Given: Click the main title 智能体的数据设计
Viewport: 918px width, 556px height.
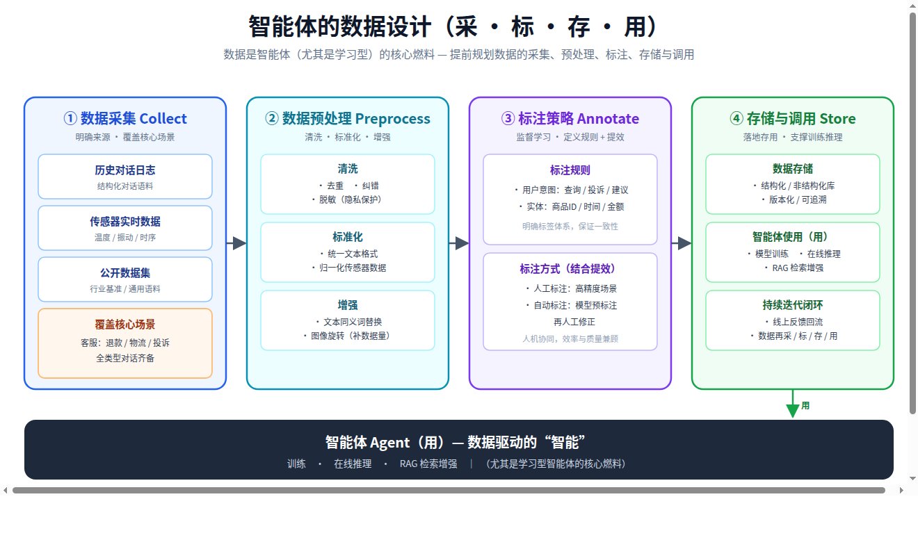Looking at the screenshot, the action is tap(340, 26).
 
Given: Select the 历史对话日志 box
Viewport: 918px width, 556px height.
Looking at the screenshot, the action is tap(125, 177).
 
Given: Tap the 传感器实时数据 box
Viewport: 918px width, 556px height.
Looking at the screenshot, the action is tap(125, 228).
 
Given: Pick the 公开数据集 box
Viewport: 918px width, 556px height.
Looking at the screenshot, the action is tap(125, 279).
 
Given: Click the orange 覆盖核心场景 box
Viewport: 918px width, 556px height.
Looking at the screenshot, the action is tap(125, 343).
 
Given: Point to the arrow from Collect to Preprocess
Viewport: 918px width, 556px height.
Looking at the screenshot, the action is tap(236, 243).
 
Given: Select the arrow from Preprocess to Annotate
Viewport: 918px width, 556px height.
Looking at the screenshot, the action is tap(459, 243).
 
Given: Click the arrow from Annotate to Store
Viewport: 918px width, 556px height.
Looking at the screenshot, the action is tap(682, 243).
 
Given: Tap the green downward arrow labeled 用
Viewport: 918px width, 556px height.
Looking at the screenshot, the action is tap(793, 404).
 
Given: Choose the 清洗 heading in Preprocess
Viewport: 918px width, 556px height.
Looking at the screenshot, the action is tap(348, 169).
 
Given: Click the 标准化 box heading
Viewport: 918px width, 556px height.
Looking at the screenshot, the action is tap(348, 237).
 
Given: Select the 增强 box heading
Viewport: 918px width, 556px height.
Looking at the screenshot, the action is tap(348, 305).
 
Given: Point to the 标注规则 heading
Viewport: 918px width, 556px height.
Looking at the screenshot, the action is tap(570, 170).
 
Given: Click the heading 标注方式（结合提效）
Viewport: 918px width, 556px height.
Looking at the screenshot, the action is tap(570, 268).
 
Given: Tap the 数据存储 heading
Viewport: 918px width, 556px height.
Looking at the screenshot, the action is tap(793, 169).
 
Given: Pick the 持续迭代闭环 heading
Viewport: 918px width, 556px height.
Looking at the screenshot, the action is tap(793, 305).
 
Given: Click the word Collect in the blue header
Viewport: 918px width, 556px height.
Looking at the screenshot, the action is tap(163, 119).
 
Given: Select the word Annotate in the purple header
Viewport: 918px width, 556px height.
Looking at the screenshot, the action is tap(608, 119).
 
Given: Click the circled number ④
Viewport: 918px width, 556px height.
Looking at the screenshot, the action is tap(736, 119).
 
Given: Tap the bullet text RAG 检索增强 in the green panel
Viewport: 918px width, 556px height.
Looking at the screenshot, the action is tap(798, 268).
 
